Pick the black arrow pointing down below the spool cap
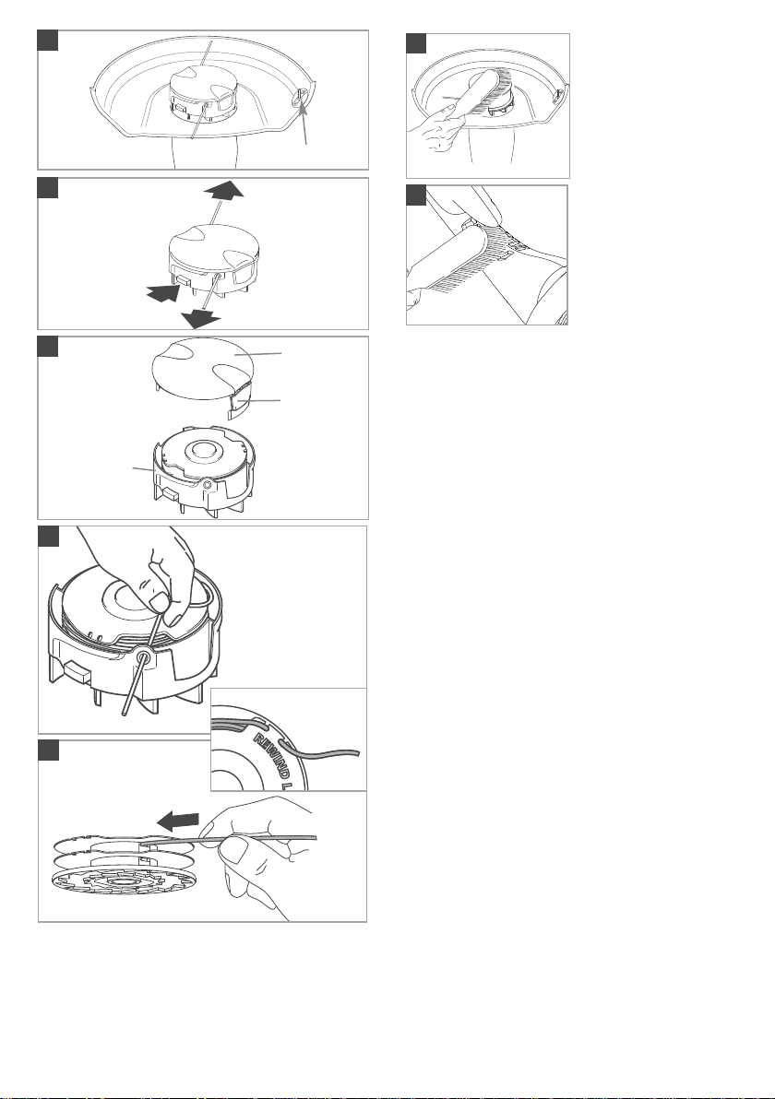click(200, 320)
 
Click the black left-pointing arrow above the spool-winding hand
click(177, 820)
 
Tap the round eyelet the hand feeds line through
click(145, 659)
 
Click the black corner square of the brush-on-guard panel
click(416, 42)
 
